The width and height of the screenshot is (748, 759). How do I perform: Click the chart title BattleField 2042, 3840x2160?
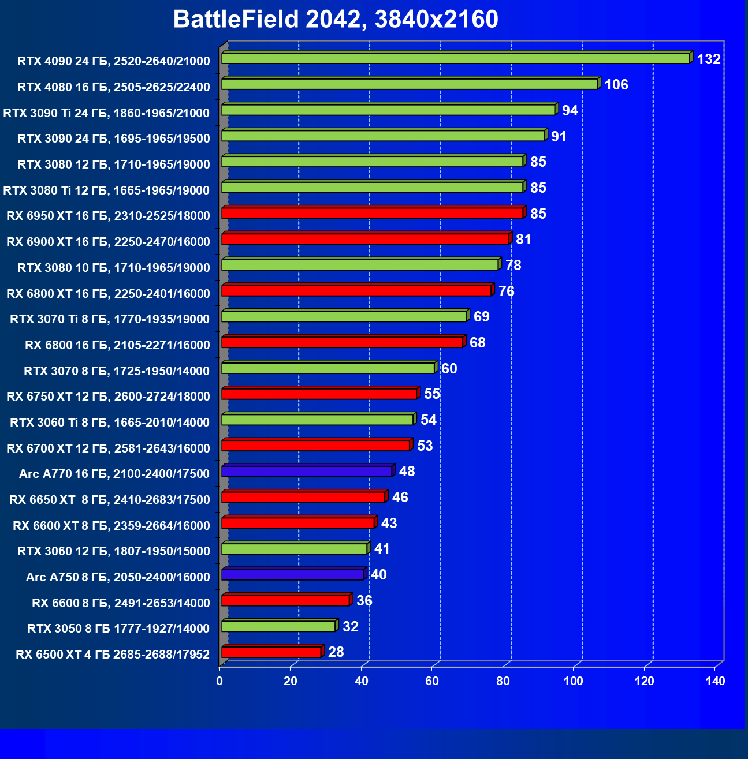point(336,19)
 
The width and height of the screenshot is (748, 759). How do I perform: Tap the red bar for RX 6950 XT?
point(372,213)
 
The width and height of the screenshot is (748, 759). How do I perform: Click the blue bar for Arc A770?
point(307,471)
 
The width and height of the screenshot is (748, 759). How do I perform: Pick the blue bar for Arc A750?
point(292,574)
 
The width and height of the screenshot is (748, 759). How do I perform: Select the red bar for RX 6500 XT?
point(271,652)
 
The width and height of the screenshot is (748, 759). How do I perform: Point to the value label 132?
point(709,59)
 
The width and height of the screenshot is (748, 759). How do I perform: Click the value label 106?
point(616,85)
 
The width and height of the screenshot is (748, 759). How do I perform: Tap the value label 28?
point(336,652)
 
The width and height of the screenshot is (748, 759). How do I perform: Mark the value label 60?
point(449,368)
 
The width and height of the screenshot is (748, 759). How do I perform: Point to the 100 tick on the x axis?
point(574,681)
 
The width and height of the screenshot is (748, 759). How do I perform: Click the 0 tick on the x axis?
point(219,681)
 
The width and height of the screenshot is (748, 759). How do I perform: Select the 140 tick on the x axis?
point(715,681)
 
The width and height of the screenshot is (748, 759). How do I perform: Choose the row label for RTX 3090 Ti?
point(106,113)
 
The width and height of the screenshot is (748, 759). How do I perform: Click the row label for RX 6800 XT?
point(108,293)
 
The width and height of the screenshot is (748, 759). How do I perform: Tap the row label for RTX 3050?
point(118,628)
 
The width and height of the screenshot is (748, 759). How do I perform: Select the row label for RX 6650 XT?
point(110,499)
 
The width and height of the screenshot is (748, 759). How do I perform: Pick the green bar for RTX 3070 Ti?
point(344,316)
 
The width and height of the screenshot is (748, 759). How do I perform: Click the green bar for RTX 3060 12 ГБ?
point(294,548)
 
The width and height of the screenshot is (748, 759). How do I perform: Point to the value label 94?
point(570,110)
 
